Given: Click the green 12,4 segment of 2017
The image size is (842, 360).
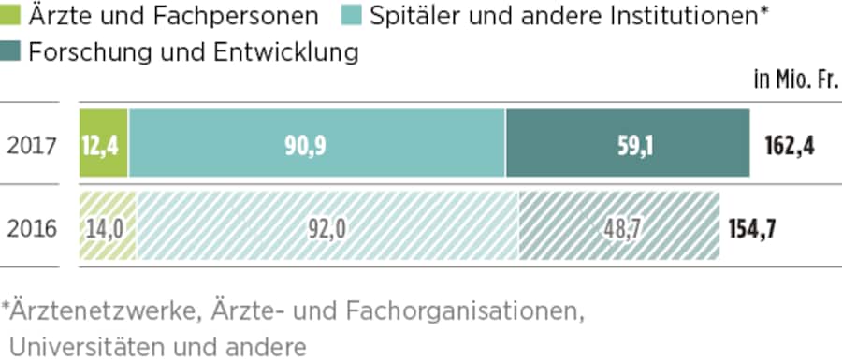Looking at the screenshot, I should pyautogui.click(x=104, y=143).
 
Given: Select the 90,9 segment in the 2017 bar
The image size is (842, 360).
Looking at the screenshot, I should pyautogui.click(x=317, y=143).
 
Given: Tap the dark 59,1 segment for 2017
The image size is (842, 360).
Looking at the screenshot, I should pyautogui.click(x=628, y=143).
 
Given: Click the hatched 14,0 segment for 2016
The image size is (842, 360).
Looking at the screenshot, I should pyautogui.click(x=108, y=226).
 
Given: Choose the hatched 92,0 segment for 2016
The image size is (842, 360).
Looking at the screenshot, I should pyautogui.click(x=327, y=226).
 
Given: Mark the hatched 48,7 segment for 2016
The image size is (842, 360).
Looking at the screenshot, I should pyautogui.click(x=619, y=226).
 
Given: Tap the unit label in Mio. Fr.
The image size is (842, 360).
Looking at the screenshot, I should pyautogui.click(x=795, y=81).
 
